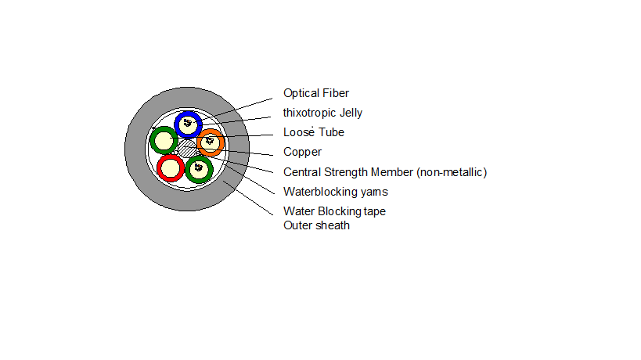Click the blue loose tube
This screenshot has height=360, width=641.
[x=178, y=124]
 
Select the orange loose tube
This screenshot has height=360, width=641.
[x=221, y=143]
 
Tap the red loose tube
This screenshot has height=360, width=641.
[x=160, y=168]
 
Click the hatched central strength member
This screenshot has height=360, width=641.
[x=187, y=149]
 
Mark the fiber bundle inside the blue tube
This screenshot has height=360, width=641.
[x=188, y=123]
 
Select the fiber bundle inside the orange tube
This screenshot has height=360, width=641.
[x=210, y=141]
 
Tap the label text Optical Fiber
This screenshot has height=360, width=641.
[x=316, y=93]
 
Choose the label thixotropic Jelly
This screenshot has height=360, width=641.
[x=322, y=113]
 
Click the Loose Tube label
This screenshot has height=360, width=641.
[x=314, y=132]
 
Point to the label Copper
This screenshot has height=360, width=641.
[x=303, y=152]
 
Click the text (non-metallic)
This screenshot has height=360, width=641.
[x=452, y=172]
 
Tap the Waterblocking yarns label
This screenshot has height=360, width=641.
[x=336, y=192]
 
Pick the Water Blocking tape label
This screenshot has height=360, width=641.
[x=334, y=211]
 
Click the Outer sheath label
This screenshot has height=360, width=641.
[x=316, y=225]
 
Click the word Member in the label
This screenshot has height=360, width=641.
[x=391, y=172]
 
